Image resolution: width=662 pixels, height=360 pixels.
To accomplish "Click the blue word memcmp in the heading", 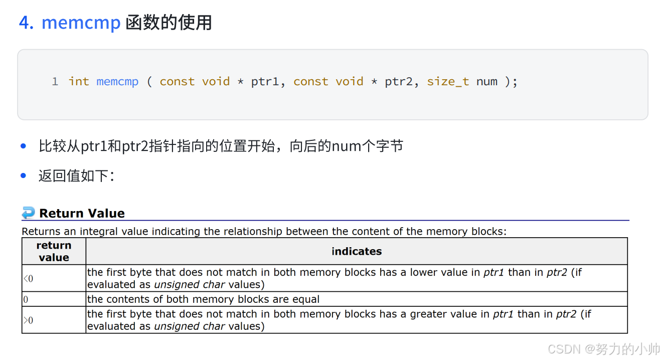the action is [81, 23].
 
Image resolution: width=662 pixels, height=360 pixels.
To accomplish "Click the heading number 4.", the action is [26, 23].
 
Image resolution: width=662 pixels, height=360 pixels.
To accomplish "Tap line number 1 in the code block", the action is [55, 81].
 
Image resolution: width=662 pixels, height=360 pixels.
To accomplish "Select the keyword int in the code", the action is [79, 81].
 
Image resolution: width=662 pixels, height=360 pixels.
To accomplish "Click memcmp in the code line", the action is [117, 81].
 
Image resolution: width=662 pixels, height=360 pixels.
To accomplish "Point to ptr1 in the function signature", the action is [264, 81].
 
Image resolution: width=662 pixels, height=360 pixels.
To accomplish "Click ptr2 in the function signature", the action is [398, 81].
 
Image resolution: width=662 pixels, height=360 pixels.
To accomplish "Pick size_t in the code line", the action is [448, 81].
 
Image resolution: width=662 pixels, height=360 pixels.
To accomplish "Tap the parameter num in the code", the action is [486, 81].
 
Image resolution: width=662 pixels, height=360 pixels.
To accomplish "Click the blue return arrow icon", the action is [29, 213].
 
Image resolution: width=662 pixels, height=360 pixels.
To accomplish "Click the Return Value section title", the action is [82, 213].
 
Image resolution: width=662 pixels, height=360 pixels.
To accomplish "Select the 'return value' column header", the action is [54, 251].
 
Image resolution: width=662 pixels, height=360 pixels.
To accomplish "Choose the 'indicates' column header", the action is [357, 251].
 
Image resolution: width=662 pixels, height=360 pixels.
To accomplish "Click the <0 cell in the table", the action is [28, 278].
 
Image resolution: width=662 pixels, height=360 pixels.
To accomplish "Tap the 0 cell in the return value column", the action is [26, 299].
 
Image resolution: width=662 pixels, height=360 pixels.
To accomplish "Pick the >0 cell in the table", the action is [28, 320].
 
